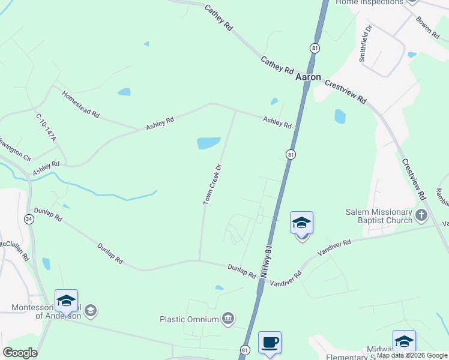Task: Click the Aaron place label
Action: pos(308,78)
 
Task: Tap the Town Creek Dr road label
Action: pos(213,184)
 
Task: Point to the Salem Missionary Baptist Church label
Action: pos(379,216)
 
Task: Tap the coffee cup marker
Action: pos(270,343)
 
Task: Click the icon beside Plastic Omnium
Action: pos(228,318)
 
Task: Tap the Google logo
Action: pos(20,353)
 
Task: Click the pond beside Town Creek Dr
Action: pos(208,143)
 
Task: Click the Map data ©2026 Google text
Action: pos(412,355)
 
